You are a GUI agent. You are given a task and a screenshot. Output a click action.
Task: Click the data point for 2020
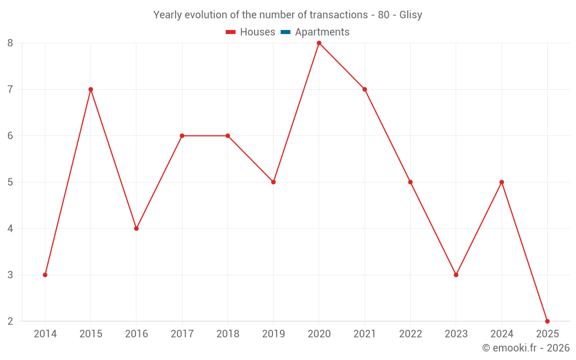[319, 43]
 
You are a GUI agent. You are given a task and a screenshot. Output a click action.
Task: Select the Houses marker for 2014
[45, 275]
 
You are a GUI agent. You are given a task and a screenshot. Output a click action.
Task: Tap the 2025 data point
[547, 321]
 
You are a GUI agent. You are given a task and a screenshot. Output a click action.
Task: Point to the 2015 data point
[90, 89]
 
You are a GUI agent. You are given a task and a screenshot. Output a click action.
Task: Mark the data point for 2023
[456, 275]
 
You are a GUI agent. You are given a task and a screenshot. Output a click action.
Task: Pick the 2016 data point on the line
[137, 228]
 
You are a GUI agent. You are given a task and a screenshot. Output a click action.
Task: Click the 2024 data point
[502, 182]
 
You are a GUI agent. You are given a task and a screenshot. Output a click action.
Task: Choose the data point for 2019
[274, 182]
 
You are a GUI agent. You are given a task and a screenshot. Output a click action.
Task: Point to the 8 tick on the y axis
[10, 43]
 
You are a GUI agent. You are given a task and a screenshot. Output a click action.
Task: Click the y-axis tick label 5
[10, 182]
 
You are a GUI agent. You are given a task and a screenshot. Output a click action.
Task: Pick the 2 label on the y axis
[10, 321]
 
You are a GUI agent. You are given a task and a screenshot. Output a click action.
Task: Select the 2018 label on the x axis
[228, 334]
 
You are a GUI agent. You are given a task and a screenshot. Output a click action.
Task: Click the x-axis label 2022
[410, 334]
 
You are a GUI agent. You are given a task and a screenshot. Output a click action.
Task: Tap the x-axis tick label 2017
[182, 334]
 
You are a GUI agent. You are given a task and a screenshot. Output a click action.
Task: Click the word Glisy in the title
[411, 15]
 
